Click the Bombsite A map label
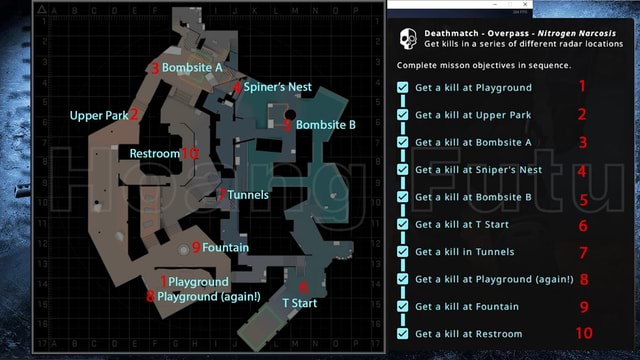pyautogui.click(x=192, y=68)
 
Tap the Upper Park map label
pyautogui.click(x=99, y=116)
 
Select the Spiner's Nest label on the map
pyautogui.click(x=277, y=87)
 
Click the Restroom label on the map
pyautogui.click(x=155, y=153)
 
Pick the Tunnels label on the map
pyautogui.click(x=247, y=195)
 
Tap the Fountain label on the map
pyautogui.click(x=225, y=247)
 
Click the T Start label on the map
pyautogui.click(x=299, y=301)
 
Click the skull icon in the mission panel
pyautogui.click(x=407, y=38)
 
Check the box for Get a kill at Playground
pyautogui.click(x=402, y=88)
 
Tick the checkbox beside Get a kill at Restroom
pyautogui.click(x=402, y=334)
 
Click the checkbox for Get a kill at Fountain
pyautogui.click(x=402, y=307)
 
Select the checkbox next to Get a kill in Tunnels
pyautogui.click(x=402, y=252)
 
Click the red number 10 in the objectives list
pyautogui.click(x=584, y=333)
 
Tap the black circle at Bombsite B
pyautogui.click(x=277, y=119)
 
